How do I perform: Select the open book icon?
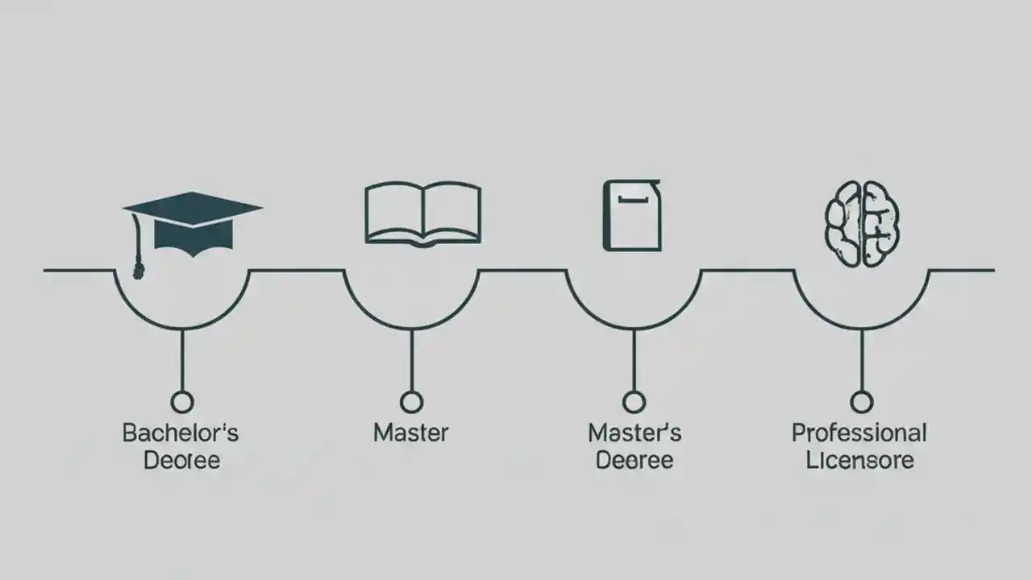coord(423,213)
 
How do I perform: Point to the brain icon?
coord(862,223)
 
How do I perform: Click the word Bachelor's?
coord(181,433)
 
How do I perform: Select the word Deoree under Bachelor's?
coord(182,461)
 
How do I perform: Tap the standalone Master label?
coord(411,433)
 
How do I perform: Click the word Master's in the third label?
coord(635,433)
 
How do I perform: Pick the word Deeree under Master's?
coord(634,461)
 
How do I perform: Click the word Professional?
coord(859,433)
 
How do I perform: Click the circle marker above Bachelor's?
coord(182,402)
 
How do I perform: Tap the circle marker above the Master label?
coord(412,402)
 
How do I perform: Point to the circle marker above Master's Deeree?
coord(634,402)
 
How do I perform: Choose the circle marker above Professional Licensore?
coord(862,402)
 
